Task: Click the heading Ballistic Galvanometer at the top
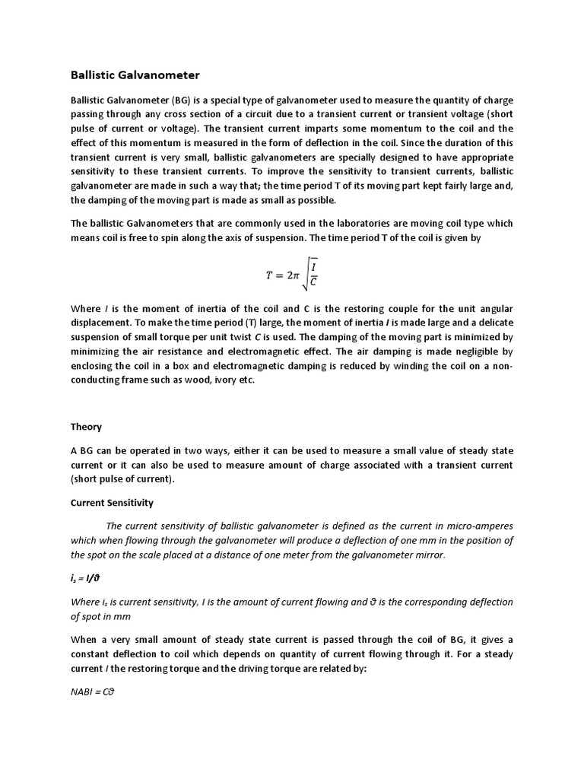click(x=135, y=75)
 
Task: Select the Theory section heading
click(x=86, y=427)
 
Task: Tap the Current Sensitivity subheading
click(x=112, y=503)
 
